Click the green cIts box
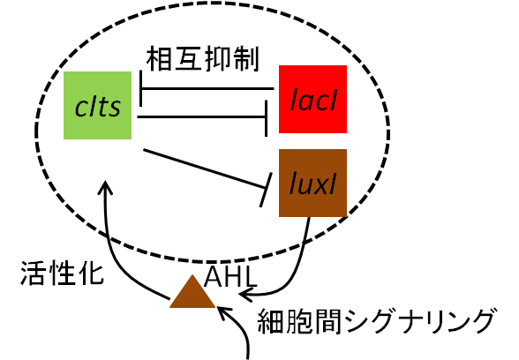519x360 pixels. tap(97, 105)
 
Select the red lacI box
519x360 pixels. tap(312, 99)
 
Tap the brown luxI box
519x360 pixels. tap(312, 183)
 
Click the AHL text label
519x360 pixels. tap(230, 277)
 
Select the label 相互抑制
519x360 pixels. tap(202, 59)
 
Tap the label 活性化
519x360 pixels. tap(62, 274)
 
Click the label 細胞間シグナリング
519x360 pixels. tap(378, 321)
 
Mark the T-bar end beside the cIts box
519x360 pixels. tap(141, 88)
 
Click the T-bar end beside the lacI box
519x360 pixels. tap(267, 118)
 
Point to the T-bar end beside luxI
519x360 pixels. tap(267, 190)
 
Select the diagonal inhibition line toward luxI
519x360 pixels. tap(204, 169)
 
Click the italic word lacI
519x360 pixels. tap(313, 100)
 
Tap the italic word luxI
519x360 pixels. tap(312, 184)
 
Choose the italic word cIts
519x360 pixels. tap(98, 107)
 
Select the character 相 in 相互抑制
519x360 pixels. tap(158, 59)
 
